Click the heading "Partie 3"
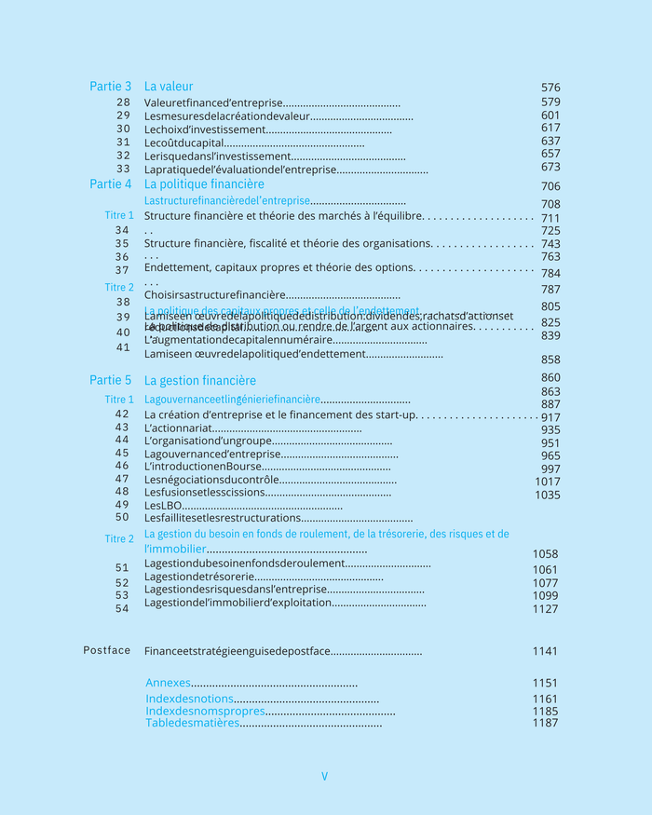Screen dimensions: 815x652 coord(110,87)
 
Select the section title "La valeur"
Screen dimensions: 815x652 coord(169,87)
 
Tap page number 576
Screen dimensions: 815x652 coord(550,88)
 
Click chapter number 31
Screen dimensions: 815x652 coord(123,143)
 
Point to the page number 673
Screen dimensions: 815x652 coord(550,168)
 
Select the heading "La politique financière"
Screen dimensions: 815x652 coord(204,184)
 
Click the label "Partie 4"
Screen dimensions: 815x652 coord(110,184)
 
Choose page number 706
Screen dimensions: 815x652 coord(550,186)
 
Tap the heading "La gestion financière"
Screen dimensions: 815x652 coord(200,381)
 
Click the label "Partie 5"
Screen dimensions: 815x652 coord(110,380)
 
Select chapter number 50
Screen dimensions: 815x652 coord(123,517)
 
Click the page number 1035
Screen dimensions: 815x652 coord(548,496)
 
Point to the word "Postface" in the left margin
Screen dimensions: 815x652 coord(107,650)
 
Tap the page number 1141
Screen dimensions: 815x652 coord(545,651)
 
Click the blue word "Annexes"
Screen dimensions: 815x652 coord(168,683)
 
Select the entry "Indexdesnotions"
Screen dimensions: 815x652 coord(189,700)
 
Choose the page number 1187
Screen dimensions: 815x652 coord(545,723)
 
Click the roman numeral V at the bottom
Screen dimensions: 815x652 coord(324,776)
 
